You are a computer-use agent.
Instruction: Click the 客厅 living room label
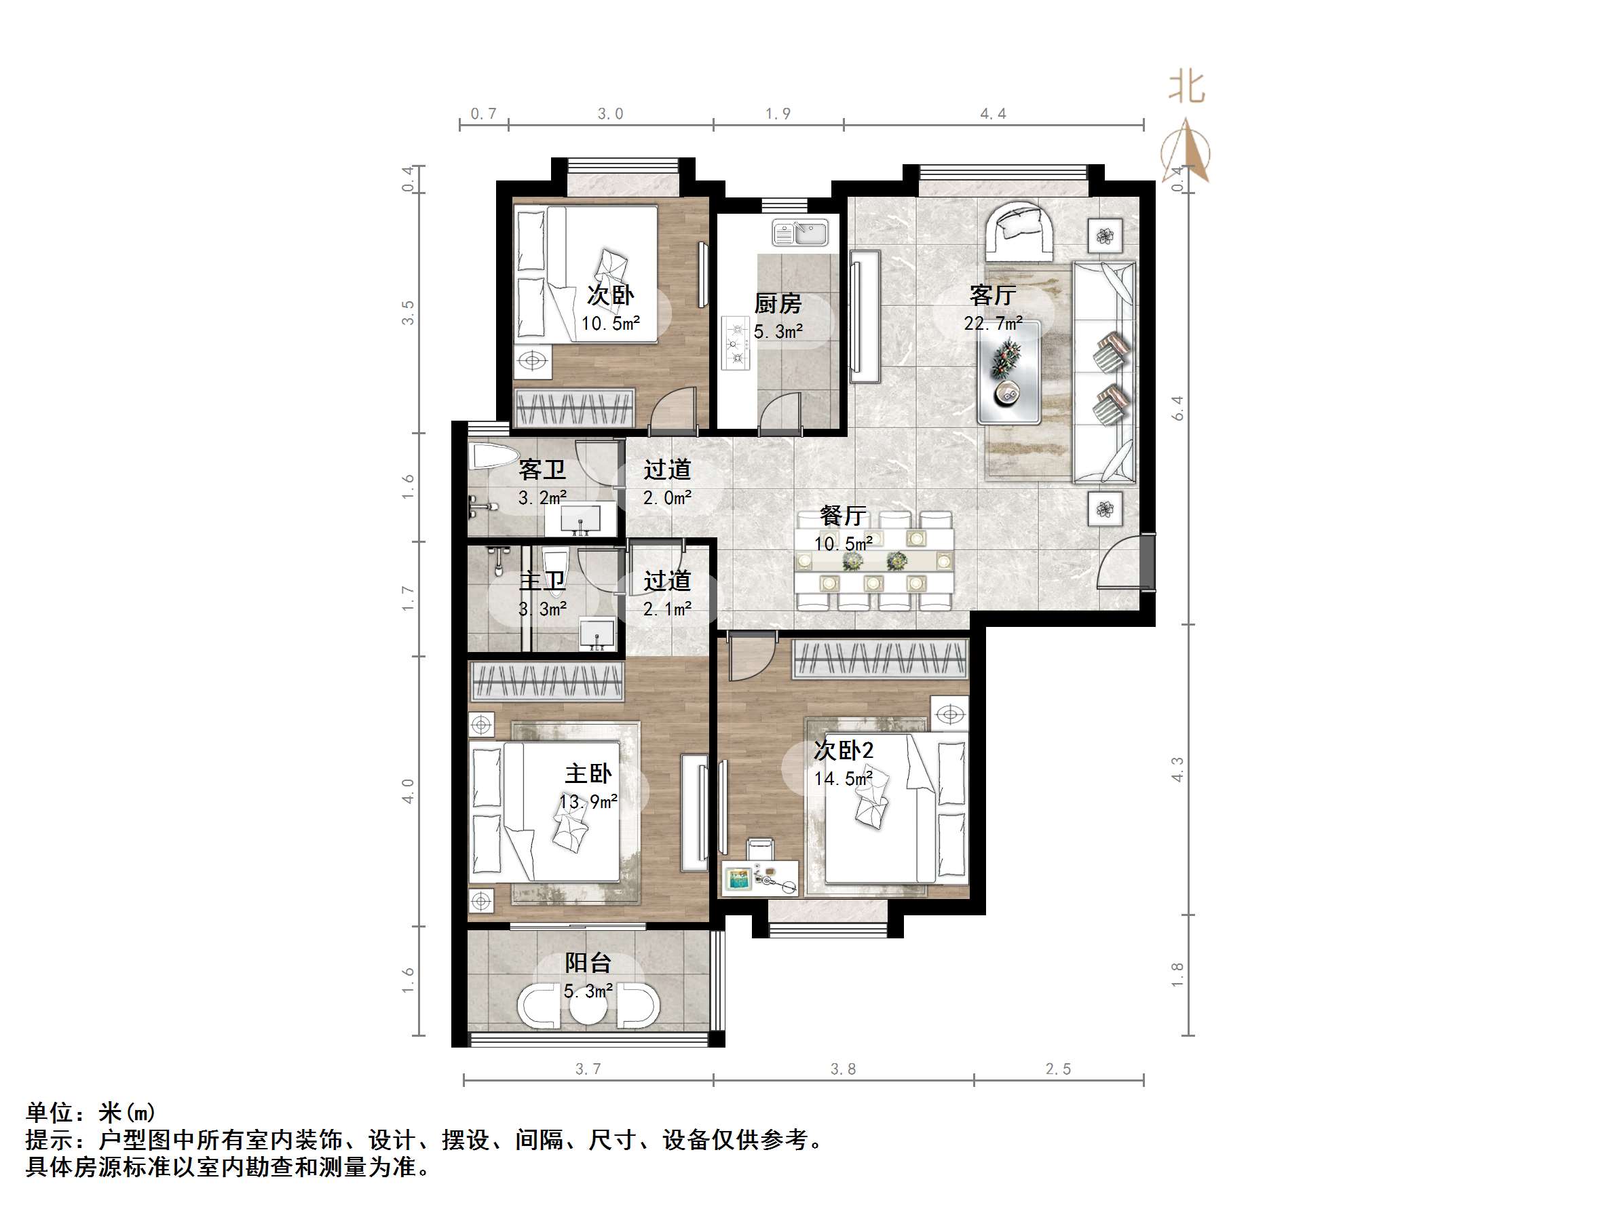click(x=992, y=295)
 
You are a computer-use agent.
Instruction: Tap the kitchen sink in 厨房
click(x=800, y=233)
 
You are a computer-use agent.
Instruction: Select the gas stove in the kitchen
click(x=736, y=343)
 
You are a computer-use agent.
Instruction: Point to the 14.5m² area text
click(x=843, y=780)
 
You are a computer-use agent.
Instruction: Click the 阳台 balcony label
click(x=588, y=963)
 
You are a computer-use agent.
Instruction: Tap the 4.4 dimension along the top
click(x=993, y=114)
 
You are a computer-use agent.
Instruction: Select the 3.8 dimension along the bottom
click(x=843, y=1069)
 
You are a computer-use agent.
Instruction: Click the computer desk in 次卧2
click(x=760, y=879)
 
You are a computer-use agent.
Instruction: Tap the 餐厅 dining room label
click(x=843, y=516)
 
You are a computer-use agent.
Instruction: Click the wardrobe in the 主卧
click(x=548, y=682)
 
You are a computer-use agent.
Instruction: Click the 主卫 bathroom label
click(x=542, y=581)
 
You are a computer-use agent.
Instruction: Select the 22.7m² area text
click(x=992, y=323)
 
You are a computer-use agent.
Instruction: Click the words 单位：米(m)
click(x=91, y=1112)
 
